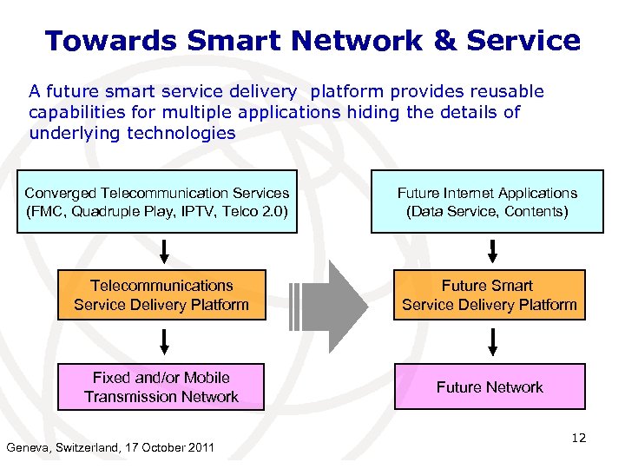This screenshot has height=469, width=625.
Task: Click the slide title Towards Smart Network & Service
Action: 312,40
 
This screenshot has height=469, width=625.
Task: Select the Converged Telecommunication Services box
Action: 157,201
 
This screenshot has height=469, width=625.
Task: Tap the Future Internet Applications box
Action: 487,201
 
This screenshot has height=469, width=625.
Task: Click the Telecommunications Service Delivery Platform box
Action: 161,295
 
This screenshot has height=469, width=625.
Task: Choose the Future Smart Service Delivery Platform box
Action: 490,295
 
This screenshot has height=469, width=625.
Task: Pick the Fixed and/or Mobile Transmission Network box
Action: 161,387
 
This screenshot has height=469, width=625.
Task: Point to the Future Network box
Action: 490,387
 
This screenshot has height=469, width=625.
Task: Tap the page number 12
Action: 578,438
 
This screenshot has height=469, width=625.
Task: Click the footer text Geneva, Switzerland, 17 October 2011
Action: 110,448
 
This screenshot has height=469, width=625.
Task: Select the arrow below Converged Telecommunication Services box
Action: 162,250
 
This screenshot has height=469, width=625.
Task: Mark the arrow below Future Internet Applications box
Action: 492,250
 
